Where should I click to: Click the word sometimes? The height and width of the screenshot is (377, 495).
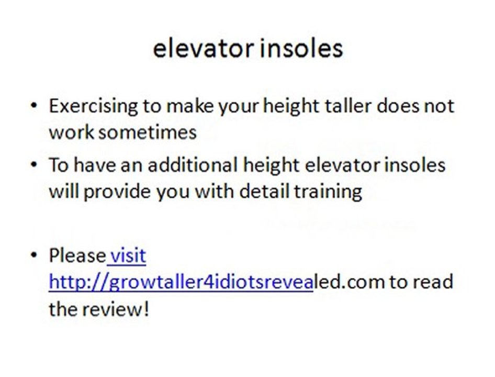point(148,131)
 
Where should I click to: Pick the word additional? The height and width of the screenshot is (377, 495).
point(193,165)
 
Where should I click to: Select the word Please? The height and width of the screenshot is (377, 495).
point(77,256)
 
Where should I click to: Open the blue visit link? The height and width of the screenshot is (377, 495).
point(128,256)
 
